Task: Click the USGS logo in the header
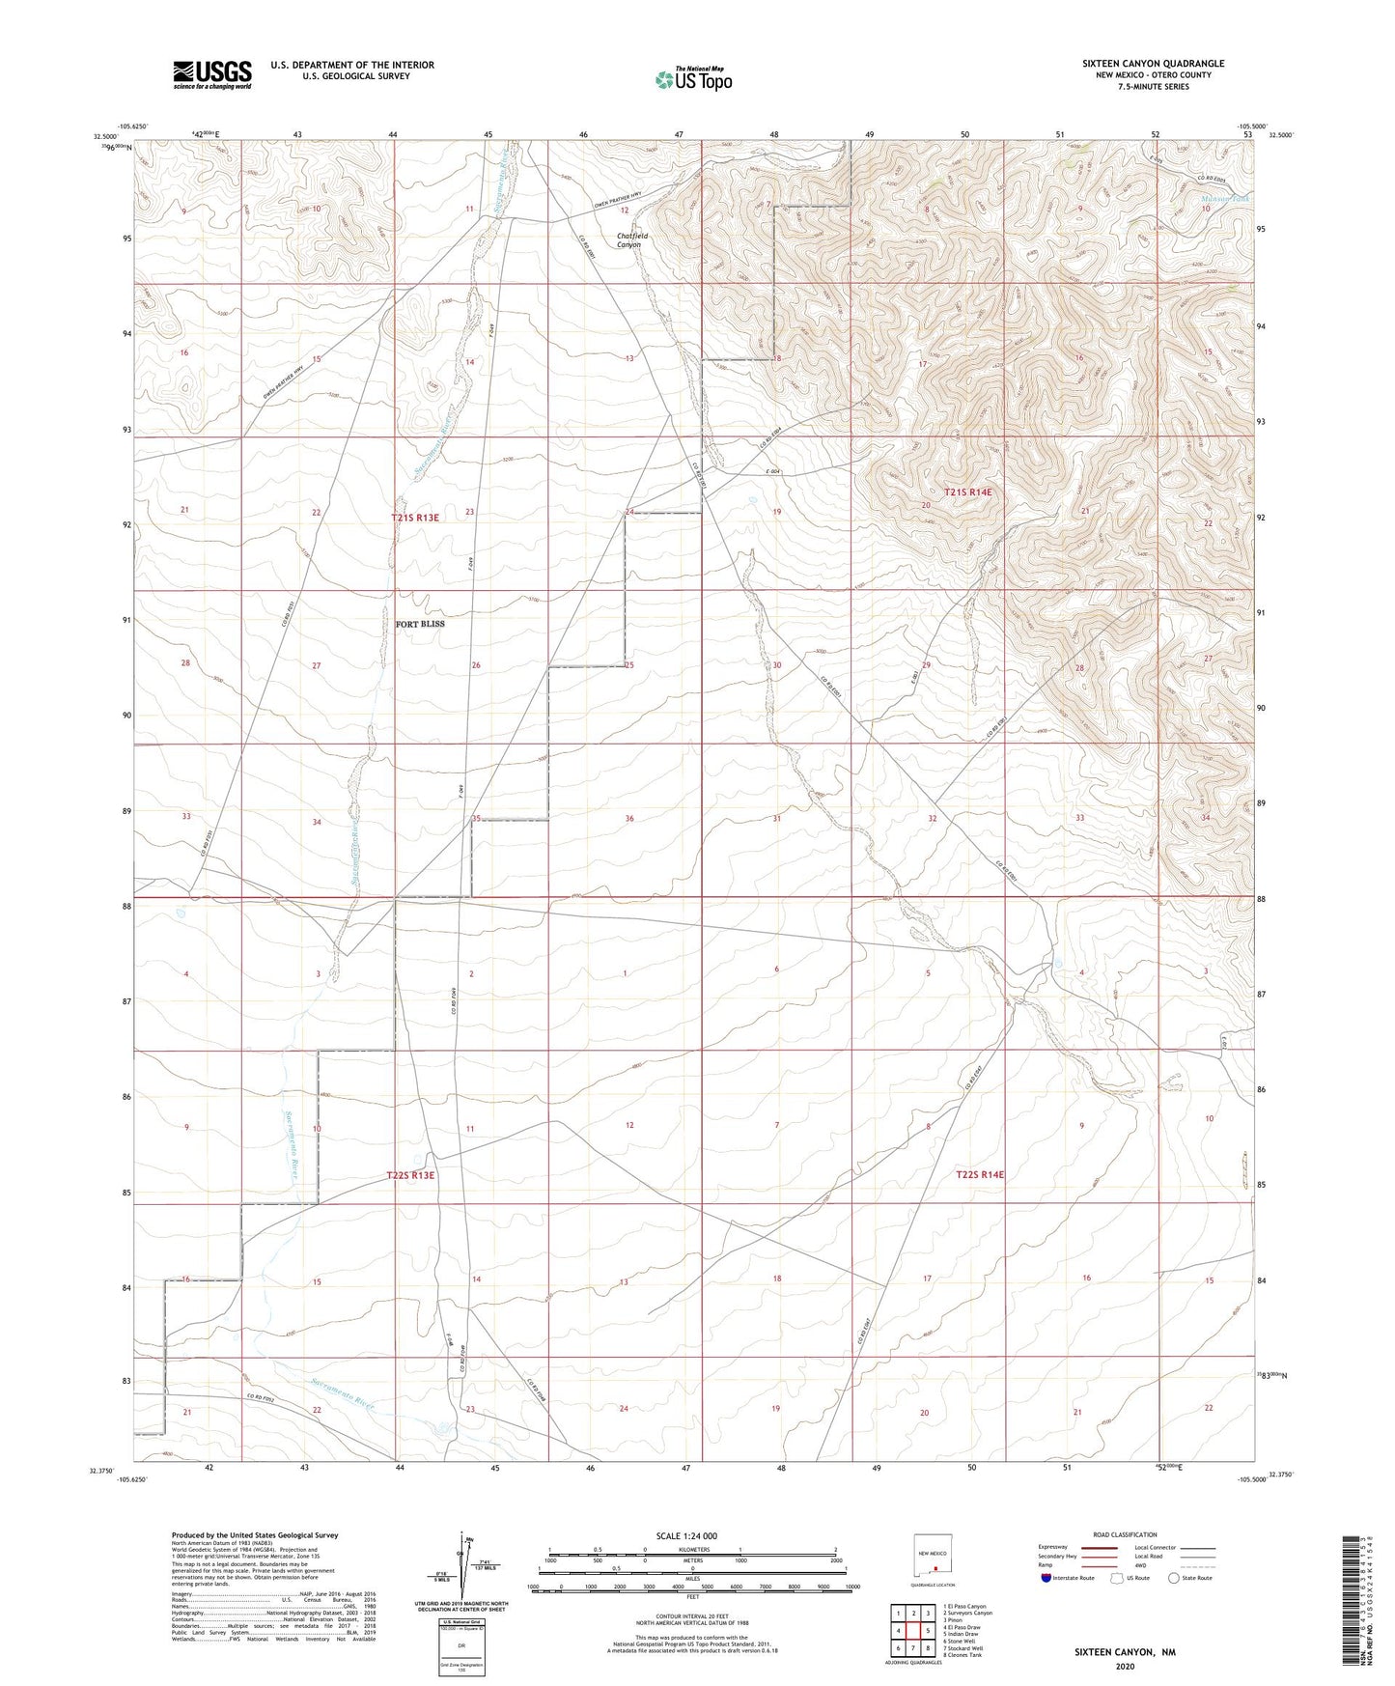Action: pos(212,73)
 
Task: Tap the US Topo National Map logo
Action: pos(692,79)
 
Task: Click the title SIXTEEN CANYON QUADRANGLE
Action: pos(1153,64)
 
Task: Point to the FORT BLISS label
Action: pos(420,624)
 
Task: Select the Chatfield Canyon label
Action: pos(628,239)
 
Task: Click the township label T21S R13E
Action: pos(415,518)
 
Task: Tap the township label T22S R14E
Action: pos(980,1174)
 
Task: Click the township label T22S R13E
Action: pos(411,1175)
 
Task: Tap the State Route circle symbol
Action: pos(1174,1578)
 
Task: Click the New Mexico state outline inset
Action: pos(933,1556)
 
